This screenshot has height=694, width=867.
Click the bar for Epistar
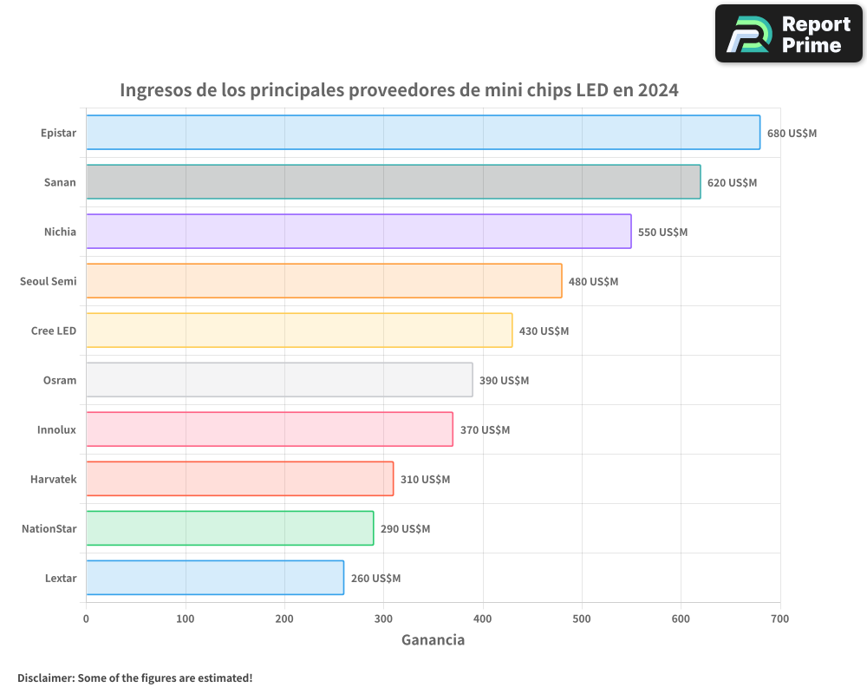coord(423,133)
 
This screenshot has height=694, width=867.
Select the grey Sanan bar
coord(394,182)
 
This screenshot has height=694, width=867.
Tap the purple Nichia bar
coord(359,232)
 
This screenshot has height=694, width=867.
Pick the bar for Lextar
coord(215,578)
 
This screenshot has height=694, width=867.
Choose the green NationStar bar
coord(230,528)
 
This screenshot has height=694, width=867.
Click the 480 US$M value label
coord(593,282)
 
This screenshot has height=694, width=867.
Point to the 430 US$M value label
coord(544,331)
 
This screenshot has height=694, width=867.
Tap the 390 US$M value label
coord(504,381)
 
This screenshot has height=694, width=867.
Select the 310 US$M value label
coord(425,480)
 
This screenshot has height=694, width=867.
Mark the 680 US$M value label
coord(792,134)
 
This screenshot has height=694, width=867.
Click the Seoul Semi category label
coord(48,281)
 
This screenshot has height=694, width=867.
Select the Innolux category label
coord(56,429)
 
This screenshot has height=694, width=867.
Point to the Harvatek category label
coord(53,479)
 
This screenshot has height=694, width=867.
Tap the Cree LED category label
coord(54,331)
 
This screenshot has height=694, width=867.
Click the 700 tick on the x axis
coord(779,619)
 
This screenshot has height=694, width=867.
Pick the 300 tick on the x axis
coord(383,619)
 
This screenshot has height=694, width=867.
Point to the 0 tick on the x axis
coord(86,619)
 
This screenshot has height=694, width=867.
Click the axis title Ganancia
coord(433,640)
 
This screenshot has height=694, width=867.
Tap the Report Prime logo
coord(789,34)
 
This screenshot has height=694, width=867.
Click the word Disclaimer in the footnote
coord(45,678)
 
